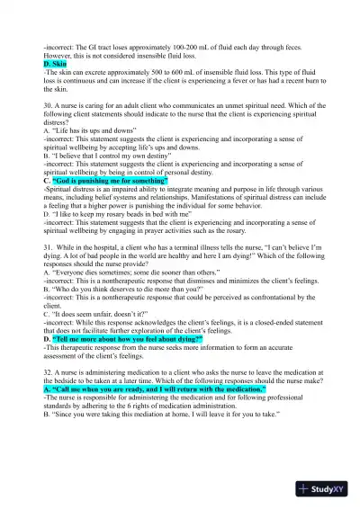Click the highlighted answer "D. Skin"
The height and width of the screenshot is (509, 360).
point(55,65)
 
